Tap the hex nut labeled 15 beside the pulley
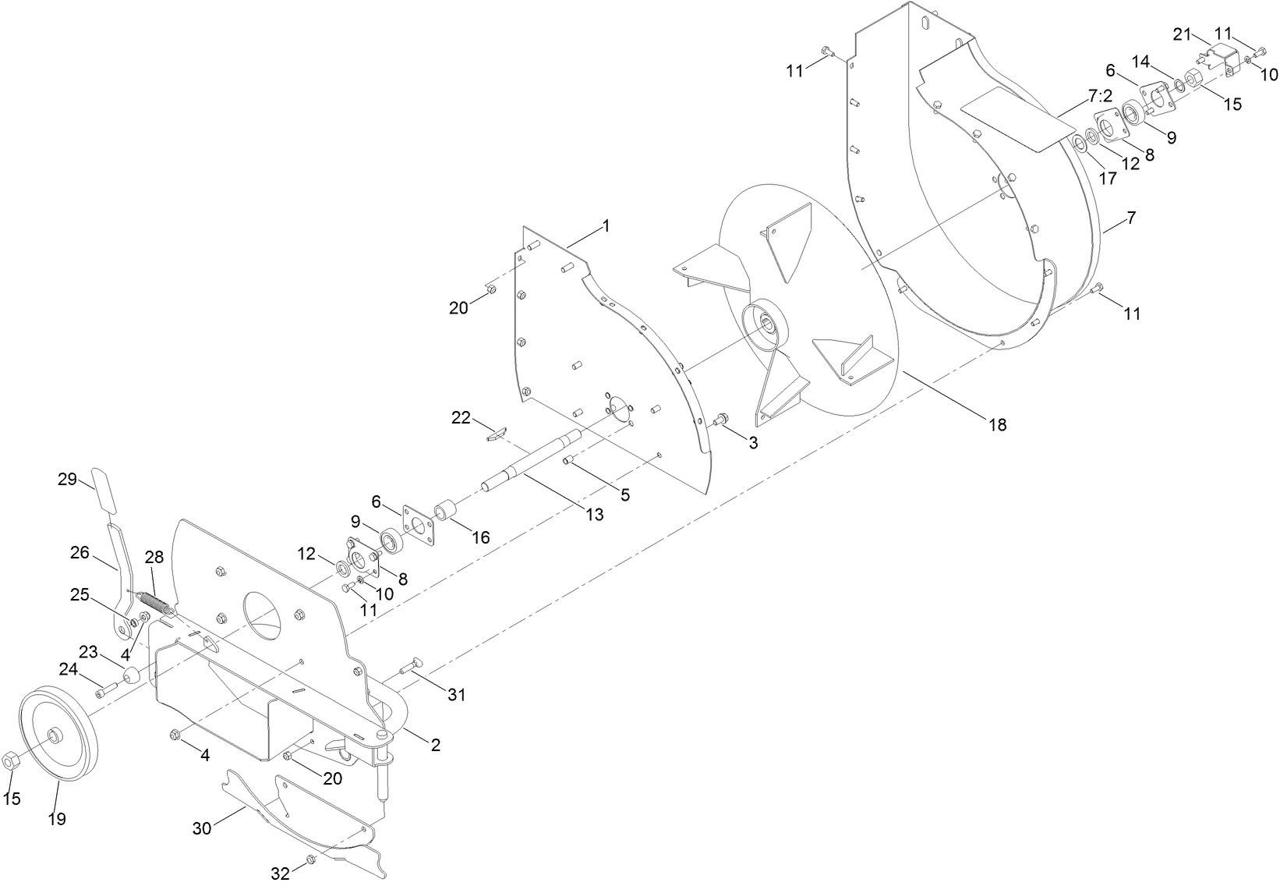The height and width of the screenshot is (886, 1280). pos(11,759)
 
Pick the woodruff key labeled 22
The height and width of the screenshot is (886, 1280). pos(496,432)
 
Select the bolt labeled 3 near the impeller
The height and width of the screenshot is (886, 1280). pos(720,420)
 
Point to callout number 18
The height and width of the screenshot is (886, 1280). pos(997,424)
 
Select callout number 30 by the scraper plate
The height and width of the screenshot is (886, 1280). pos(202,828)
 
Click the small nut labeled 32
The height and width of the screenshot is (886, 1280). pos(310,859)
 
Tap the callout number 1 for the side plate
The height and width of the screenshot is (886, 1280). pos(605,226)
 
